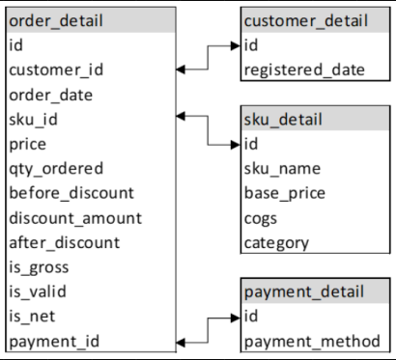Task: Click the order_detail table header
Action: [x=56, y=20]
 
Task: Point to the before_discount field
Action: [x=71, y=193]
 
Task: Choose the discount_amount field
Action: [x=74, y=218]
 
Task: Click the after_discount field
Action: [x=64, y=242]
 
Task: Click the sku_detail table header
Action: [x=282, y=120]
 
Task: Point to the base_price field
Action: [x=284, y=193]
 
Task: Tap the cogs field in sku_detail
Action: [x=262, y=218]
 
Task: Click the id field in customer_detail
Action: [x=251, y=45]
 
